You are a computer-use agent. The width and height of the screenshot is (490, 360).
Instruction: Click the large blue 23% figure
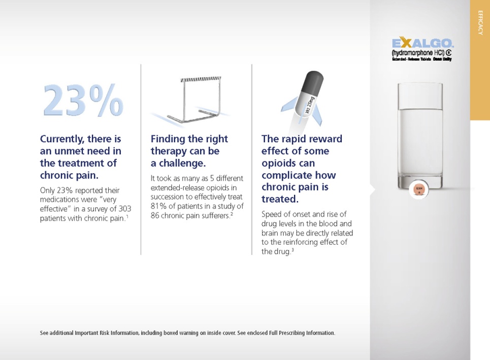coord(83,100)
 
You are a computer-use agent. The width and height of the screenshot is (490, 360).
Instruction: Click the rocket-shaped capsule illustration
coord(305,96)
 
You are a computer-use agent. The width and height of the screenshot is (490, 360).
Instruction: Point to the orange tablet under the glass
coord(419,190)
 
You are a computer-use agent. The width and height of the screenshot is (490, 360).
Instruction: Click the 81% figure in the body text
coord(159,206)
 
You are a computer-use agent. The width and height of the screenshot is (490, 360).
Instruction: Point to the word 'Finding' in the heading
coord(169,139)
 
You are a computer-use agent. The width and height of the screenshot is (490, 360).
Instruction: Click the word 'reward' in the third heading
coord(322,139)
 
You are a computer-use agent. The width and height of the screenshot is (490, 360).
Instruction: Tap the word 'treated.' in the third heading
coord(280,199)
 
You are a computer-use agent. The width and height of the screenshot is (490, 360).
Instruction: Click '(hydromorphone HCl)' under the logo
coord(418,52)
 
